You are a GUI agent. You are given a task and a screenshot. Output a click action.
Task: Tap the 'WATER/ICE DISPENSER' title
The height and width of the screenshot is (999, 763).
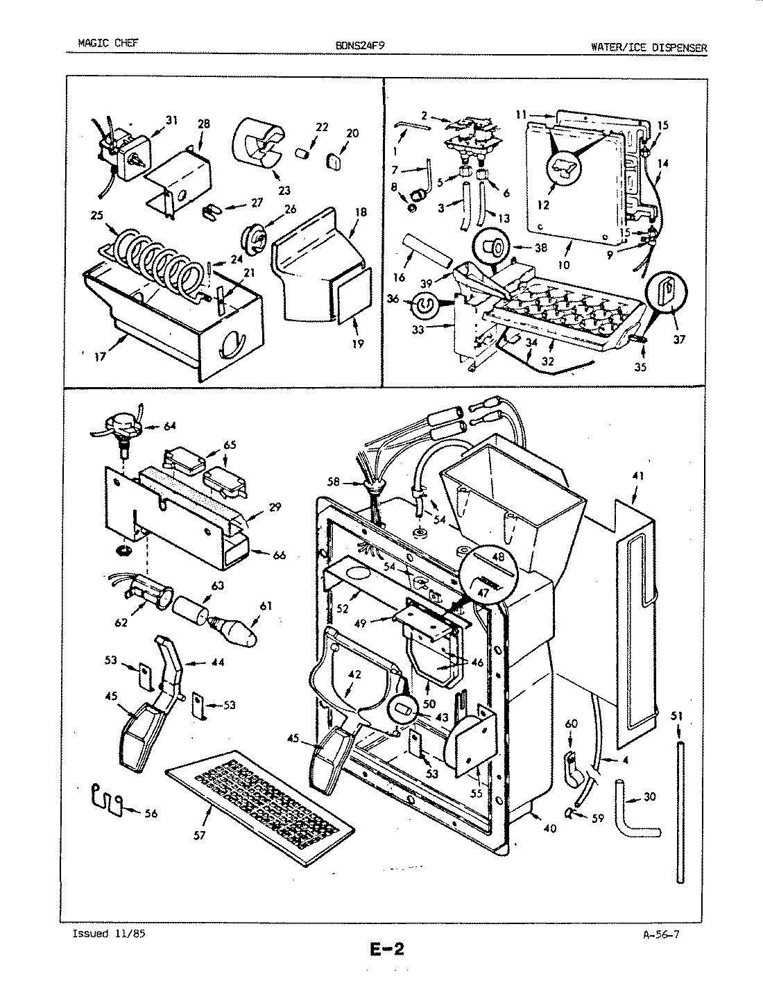point(649,47)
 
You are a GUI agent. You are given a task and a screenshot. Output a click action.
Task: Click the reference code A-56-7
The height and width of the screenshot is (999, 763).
point(660,933)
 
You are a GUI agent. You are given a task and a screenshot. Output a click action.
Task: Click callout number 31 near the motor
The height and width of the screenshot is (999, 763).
point(171,120)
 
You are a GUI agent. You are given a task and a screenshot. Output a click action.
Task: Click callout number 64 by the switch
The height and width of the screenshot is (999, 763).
point(170,426)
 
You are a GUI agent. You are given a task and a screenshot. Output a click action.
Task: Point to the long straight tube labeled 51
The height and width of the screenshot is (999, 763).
point(680,812)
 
